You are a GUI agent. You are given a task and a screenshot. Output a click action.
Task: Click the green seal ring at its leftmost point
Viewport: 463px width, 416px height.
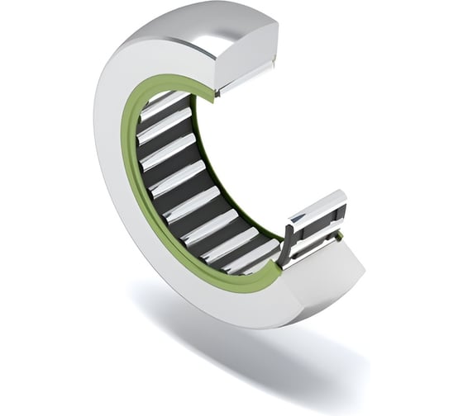pos(126,157)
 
